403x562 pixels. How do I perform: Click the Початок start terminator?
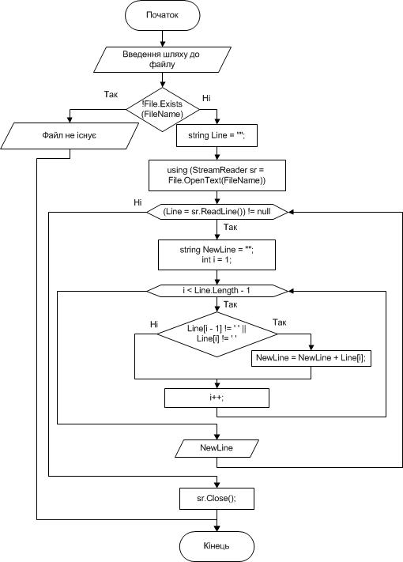[162, 15]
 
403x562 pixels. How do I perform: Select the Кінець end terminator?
[217, 546]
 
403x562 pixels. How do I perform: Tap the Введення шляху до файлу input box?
[162, 59]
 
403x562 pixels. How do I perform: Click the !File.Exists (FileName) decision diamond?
[162, 109]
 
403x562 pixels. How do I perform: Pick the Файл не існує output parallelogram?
[70, 136]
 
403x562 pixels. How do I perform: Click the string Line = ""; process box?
[217, 135]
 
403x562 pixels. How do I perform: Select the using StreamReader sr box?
[217, 175]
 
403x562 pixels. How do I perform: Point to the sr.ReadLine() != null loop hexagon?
[217, 212]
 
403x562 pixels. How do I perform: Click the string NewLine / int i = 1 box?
[217, 255]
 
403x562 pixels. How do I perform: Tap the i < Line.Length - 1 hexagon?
[217, 291]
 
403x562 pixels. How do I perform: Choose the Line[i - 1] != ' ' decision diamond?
[217, 334]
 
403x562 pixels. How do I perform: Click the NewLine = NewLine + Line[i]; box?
[311, 358]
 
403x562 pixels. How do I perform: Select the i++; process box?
[217, 398]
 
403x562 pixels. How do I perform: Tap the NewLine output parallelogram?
[217, 448]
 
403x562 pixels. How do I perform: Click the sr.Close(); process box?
[217, 499]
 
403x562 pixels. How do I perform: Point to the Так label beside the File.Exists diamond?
[111, 94]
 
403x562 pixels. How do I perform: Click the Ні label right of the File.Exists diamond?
[206, 98]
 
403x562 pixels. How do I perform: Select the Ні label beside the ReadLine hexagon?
[138, 202]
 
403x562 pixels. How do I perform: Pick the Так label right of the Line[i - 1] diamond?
[280, 322]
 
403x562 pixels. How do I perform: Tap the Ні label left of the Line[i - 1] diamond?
[154, 324]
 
